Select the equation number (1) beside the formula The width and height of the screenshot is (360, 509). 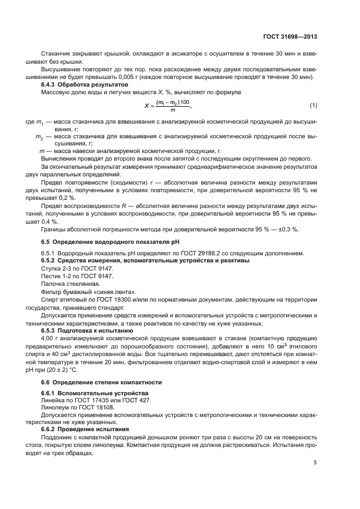click(313, 105)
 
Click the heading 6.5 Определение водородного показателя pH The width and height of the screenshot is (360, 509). click(110, 241)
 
